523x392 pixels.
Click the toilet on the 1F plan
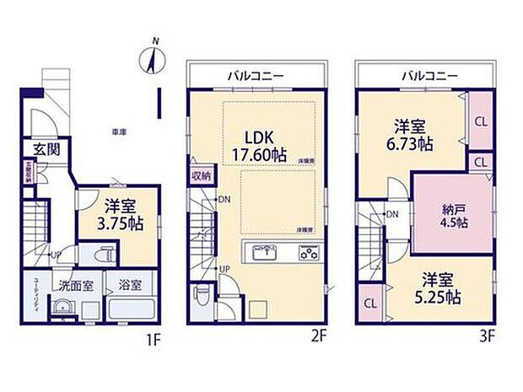tap(105, 255)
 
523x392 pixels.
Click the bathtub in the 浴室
tap(130, 308)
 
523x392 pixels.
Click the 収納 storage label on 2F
tap(201, 176)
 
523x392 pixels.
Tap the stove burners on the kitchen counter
tap(308, 252)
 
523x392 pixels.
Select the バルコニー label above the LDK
tap(256, 76)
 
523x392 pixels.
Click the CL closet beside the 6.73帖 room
tap(480, 121)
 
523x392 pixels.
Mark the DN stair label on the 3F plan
tap(392, 214)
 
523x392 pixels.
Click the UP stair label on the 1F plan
tap(54, 254)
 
